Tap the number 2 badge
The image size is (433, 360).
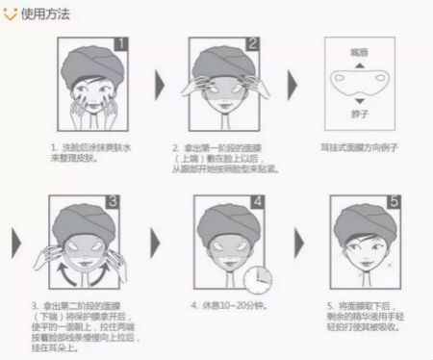click(x=253, y=44)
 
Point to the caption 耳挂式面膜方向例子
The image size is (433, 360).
click(x=360, y=148)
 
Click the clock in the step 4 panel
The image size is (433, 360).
click(x=255, y=279)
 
